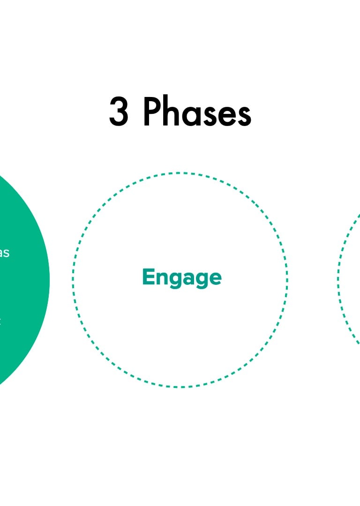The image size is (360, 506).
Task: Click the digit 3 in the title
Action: (119, 112)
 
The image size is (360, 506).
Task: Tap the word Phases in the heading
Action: (197, 112)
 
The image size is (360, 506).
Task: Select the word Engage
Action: (181, 277)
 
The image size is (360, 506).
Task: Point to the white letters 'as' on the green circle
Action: (4, 253)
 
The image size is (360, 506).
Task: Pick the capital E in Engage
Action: (148, 276)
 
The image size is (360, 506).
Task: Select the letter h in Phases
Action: (171, 112)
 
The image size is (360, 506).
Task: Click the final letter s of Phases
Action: (244, 115)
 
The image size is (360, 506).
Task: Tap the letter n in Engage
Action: (162, 278)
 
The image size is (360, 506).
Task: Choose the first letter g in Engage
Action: (177, 280)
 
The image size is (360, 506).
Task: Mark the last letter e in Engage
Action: (215, 278)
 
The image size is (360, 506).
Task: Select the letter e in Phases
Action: (226, 115)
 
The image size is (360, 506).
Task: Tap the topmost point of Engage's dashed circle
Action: (180, 173)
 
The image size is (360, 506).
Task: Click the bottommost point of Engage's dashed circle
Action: (180, 387)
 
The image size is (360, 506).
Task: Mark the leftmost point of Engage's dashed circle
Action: (73, 280)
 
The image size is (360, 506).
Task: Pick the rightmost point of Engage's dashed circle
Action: (287, 280)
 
